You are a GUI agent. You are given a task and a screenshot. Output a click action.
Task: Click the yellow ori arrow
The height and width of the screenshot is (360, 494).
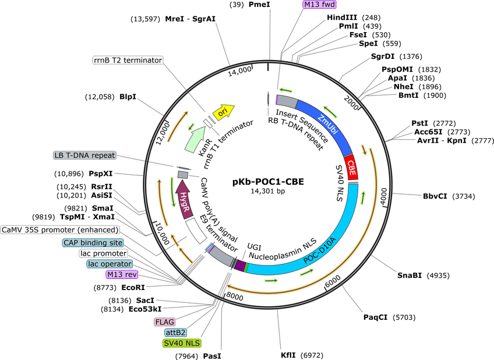(223, 112)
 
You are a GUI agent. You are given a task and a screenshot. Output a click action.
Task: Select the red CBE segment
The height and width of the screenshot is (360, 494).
(351, 168)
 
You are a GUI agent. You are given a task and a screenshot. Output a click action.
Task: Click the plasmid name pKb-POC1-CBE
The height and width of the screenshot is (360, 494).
(268, 182)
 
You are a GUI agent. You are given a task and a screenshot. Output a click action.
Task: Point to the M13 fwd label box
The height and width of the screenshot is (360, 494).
(319, 5)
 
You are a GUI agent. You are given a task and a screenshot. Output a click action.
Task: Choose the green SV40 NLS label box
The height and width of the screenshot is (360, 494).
(182, 343)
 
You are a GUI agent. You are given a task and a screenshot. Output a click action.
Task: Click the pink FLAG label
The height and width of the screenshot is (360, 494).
(164, 322)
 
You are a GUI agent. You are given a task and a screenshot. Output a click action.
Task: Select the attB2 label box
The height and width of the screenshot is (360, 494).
(175, 333)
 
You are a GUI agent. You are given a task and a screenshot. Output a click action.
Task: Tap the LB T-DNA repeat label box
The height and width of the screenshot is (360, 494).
(84, 156)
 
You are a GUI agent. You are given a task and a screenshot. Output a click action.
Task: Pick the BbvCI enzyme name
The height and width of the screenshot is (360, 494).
(435, 196)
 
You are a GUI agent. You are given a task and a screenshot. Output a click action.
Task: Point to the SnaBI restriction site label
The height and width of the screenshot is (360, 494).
(410, 276)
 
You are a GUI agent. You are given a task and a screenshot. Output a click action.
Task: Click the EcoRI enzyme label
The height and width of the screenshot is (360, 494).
(133, 287)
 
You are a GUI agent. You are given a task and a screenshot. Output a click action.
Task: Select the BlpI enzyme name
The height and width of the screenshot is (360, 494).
(128, 97)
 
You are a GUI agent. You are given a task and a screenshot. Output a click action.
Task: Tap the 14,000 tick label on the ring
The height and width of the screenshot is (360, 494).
(240, 71)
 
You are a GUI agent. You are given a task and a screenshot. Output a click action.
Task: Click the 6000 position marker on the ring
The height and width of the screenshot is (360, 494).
(333, 281)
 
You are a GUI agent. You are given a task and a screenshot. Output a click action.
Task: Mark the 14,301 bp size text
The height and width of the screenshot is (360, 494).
(268, 191)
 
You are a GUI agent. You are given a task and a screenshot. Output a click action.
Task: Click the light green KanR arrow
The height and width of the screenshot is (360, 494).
(195, 139)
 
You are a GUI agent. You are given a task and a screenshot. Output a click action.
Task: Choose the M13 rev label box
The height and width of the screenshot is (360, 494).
(122, 274)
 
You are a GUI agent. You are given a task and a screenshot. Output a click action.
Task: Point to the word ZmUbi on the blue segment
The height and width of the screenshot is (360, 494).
(327, 124)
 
